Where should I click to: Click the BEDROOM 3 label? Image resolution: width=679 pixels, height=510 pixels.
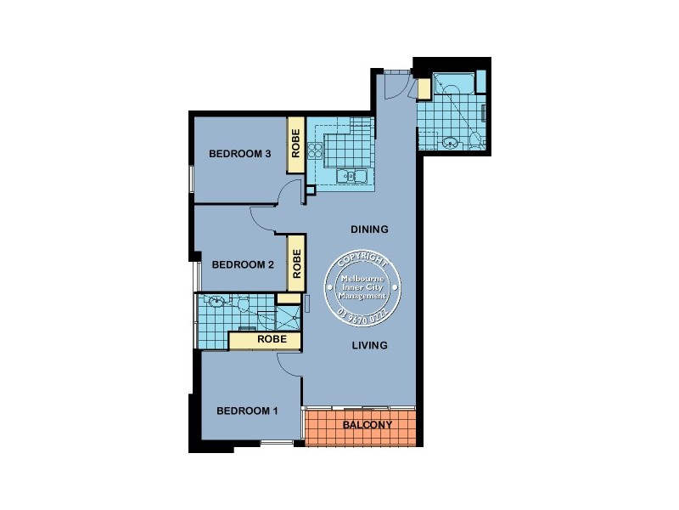239,154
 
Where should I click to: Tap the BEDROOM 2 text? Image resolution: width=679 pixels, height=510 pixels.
242,264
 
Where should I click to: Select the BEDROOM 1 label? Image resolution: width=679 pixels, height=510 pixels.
247,411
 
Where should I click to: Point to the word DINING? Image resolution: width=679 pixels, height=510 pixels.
369,229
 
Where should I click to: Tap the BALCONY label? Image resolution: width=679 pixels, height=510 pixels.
367,425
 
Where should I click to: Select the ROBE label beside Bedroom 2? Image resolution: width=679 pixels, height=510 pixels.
296,263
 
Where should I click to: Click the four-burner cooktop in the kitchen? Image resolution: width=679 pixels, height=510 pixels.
316,151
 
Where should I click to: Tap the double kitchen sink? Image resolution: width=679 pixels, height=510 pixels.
351,177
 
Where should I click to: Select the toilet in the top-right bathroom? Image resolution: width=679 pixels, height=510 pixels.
475,140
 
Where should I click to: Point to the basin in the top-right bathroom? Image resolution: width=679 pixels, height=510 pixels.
451,142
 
